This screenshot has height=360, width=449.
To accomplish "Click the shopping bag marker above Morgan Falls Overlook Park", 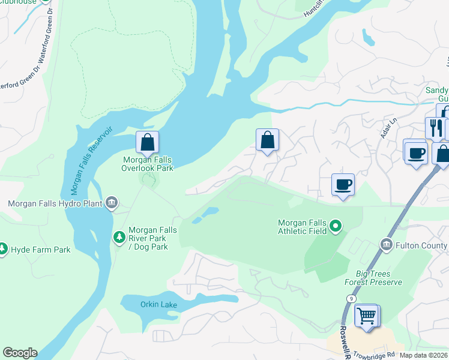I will pyautogui.click(x=147, y=142).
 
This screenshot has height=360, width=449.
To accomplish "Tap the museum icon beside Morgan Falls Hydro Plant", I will pyautogui.click(x=112, y=203).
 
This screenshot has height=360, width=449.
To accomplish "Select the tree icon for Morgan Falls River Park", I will pyautogui.click(x=119, y=238).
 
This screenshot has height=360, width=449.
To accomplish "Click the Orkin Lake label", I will pyautogui.click(x=158, y=305).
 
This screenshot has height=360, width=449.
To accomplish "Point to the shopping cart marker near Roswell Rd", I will pyautogui.click(x=367, y=315).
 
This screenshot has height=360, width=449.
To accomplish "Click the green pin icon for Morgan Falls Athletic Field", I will pyautogui.click(x=336, y=227).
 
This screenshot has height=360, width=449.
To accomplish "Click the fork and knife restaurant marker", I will pyautogui.click(x=434, y=128).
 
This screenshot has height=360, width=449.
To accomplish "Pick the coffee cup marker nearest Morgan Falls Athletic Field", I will pyautogui.click(x=343, y=184).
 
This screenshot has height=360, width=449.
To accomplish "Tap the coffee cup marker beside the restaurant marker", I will pyautogui.click(x=415, y=152).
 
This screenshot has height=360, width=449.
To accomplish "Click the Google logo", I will pyautogui.click(x=19, y=353).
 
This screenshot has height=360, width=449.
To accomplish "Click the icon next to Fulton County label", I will pyautogui.click(x=387, y=244).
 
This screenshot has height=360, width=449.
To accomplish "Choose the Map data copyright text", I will pyautogui.click(x=424, y=355).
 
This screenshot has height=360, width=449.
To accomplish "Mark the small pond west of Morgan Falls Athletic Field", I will pyautogui.click(x=209, y=212).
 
